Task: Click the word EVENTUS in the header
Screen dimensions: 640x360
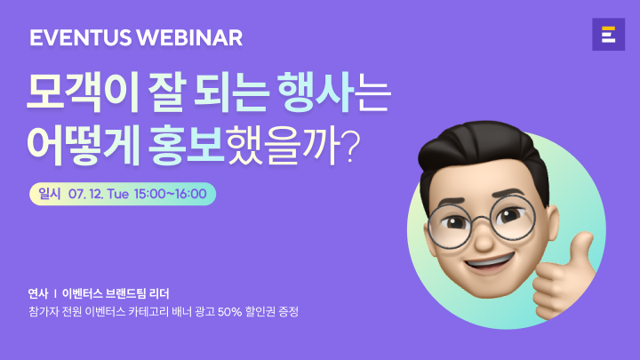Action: point(80,38)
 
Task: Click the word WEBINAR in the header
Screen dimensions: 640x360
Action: point(189,38)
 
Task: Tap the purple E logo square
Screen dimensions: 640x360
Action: point(608,35)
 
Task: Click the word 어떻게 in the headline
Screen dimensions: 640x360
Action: point(84,146)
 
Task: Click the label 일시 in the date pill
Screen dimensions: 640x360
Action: point(50,194)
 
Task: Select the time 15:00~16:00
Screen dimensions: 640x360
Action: point(170,194)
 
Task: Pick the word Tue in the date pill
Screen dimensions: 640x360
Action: point(118,194)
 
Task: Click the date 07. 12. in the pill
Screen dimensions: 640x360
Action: point(85,194)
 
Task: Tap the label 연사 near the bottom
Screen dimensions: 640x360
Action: point(38,293)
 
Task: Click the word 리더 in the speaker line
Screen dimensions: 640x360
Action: point(159,293)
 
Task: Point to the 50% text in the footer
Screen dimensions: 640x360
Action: point(230,312)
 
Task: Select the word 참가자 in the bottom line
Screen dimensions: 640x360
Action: point(43,312)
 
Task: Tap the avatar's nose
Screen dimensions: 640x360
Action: point(484,240)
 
